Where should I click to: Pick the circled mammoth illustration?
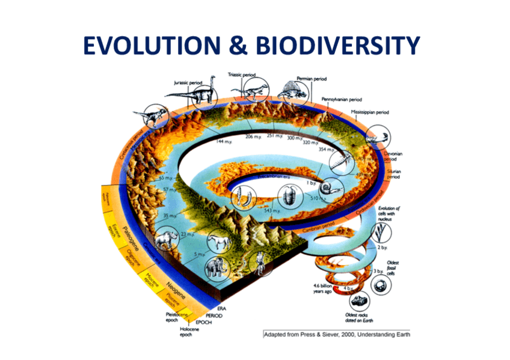pyautogui.click(x=214, y=267)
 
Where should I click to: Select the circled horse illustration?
pyautogui.click(x=217, y=242)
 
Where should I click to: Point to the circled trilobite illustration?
pyautogui.click(x=289, y=195)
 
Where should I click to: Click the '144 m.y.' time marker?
pyautogui.click(x=224, y=142)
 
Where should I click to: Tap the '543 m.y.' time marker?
pyautogui.click(x=273, y=211)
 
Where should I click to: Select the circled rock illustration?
pyautogui.click(x=360, y=299)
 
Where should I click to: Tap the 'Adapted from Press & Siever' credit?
pyautogui.click(x=337, y=335)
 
